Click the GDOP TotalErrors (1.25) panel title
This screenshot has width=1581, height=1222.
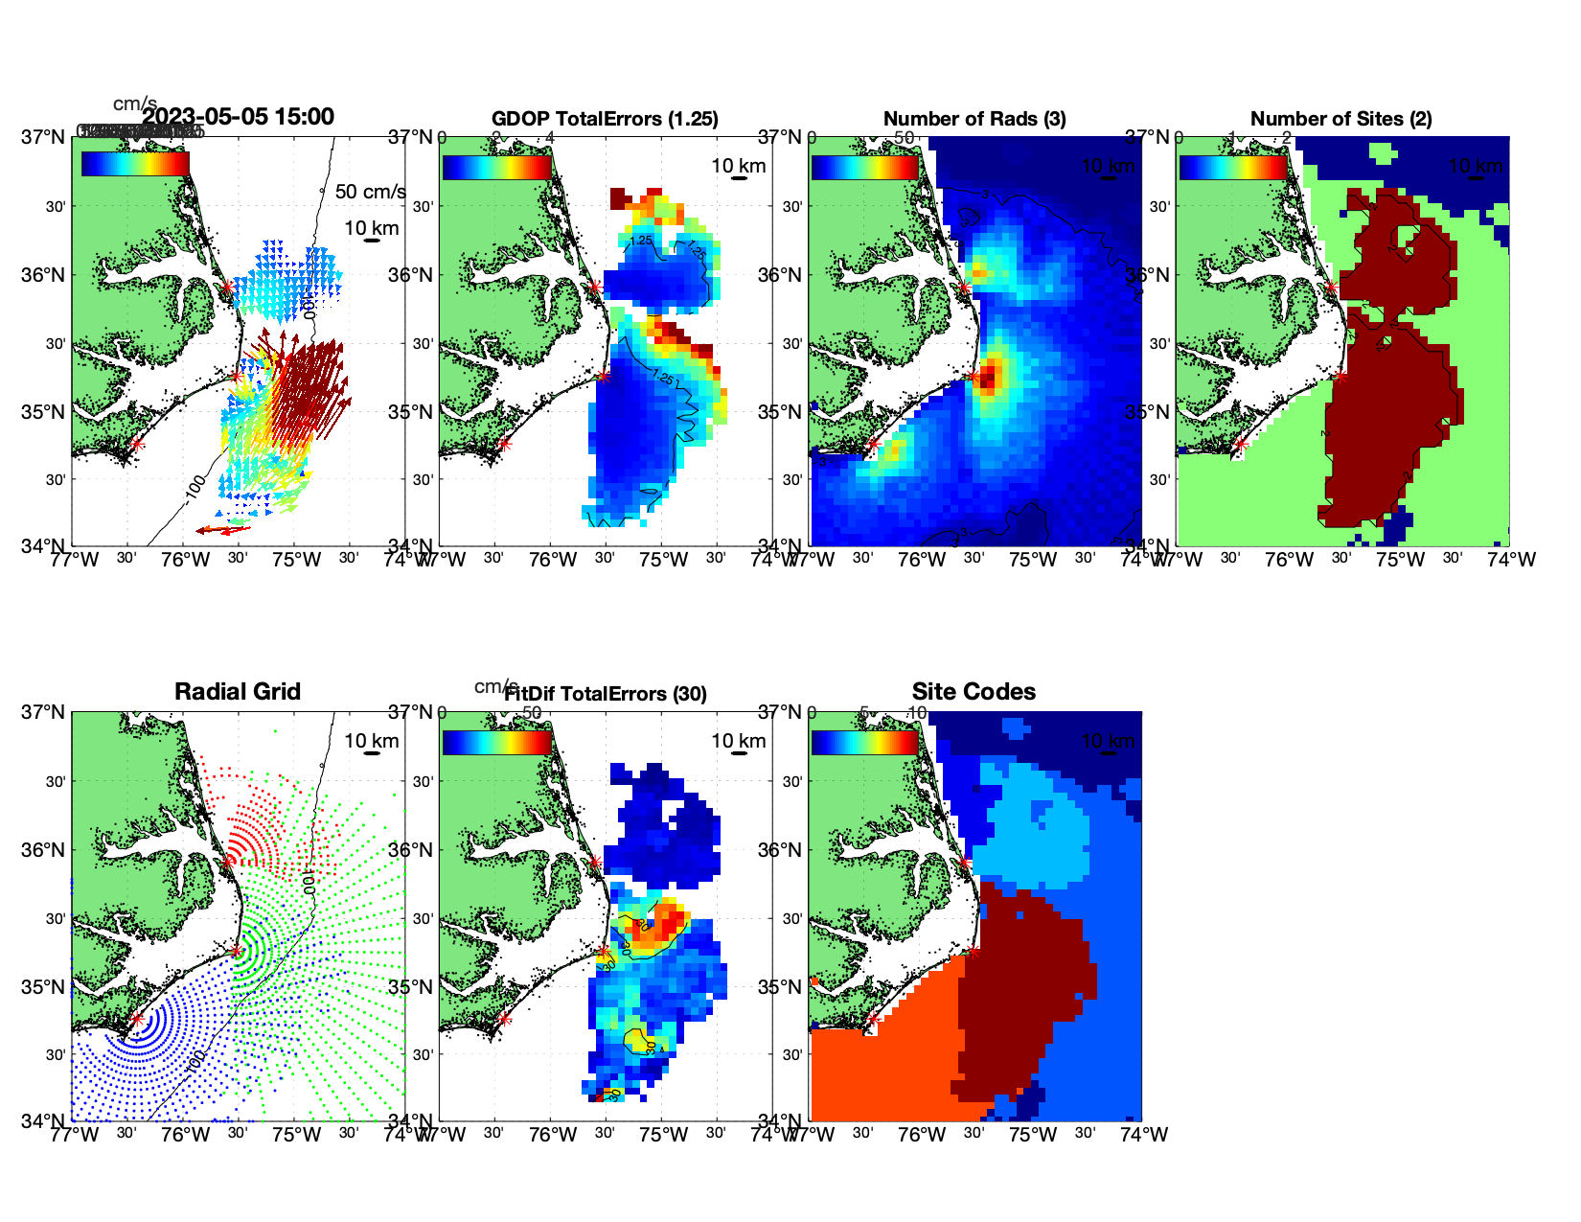[x=604, y=119]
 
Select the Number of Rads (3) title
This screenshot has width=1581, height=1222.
[x=974, y=119]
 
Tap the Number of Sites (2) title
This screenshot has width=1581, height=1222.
[x=1340, y=119]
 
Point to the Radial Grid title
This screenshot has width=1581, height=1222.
[x=237, y=691]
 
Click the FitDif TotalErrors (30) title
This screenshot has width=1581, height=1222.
[x=606, y=694]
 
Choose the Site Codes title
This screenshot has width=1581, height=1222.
[x=974, y=691]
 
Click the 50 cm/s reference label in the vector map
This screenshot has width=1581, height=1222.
[x=370, y=192]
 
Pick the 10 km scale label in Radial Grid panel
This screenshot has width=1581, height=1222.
[x=371, y=741]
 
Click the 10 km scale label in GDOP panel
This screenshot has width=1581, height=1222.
[x=738, y=166]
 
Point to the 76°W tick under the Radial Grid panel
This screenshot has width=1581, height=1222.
[x=185, y=1135]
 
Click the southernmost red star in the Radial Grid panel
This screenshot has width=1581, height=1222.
[x=136, y=1019]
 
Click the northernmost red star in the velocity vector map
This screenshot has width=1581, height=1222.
[x=227, y=287]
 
